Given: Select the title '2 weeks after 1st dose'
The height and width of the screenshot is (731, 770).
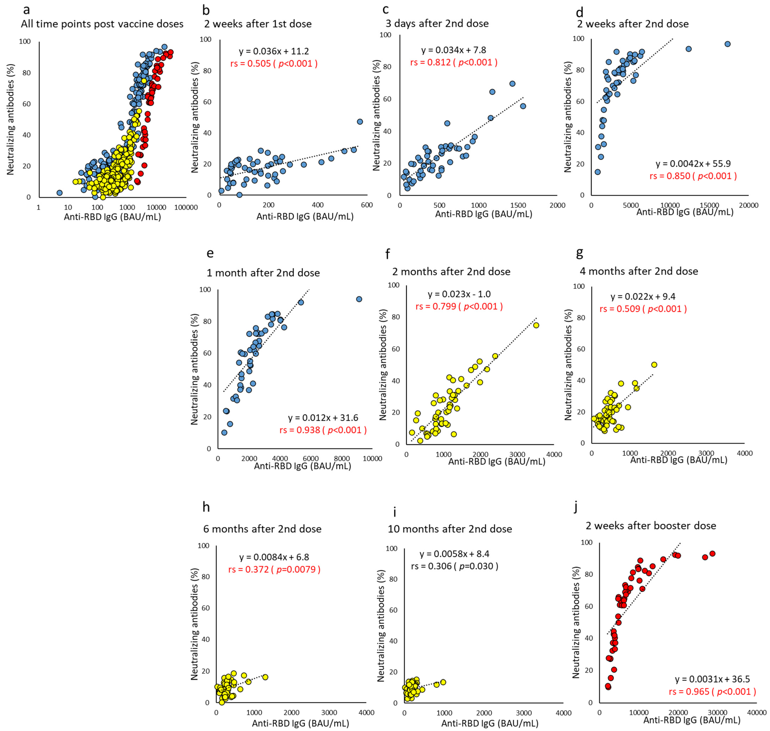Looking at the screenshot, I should [258, 24].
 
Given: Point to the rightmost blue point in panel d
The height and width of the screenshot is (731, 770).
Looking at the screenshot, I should [727, 44].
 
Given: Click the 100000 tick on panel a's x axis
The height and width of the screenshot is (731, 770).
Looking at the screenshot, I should [186, 207].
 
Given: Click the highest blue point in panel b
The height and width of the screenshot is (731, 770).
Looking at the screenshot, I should [360, 122].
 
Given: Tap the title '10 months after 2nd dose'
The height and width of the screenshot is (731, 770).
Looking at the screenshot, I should [450, 529].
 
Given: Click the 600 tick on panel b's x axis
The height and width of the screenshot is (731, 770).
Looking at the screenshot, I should [367, 205].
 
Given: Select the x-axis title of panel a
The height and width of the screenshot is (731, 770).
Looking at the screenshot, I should [112, 217].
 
